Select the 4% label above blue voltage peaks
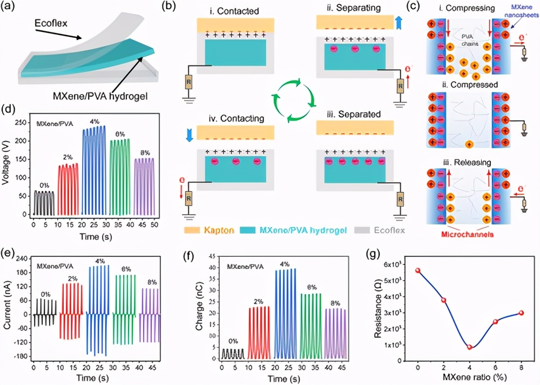(94, 122)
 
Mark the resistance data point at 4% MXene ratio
(469, 347)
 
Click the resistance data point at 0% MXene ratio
(418, 270)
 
